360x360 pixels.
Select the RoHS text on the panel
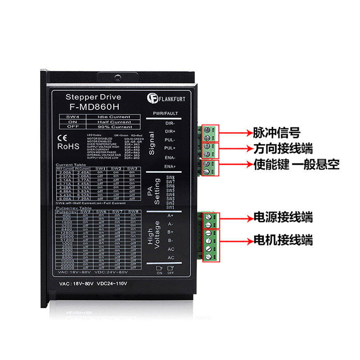68,146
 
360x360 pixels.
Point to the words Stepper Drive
93,97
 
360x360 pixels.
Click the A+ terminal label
171,215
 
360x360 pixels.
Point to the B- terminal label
171,240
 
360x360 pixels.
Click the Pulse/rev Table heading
70,208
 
